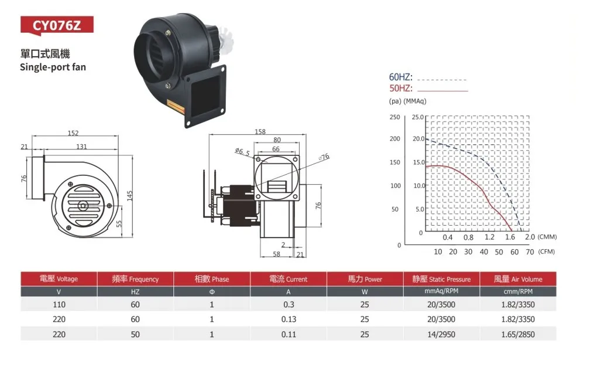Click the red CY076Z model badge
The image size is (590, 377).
click(57, 26)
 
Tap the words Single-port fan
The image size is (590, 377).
click(53, 67)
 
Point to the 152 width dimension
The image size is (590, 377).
click(73, 133)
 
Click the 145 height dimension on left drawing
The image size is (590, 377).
click(129, 196)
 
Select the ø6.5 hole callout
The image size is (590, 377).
click(242, 152)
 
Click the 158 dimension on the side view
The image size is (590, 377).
click(260, 131)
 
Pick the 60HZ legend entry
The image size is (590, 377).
click(401, 77)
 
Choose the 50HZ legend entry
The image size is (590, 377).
click(401, 88)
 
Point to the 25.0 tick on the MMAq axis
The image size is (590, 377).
click(418, 117)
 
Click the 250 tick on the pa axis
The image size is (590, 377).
click(395, 117)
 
